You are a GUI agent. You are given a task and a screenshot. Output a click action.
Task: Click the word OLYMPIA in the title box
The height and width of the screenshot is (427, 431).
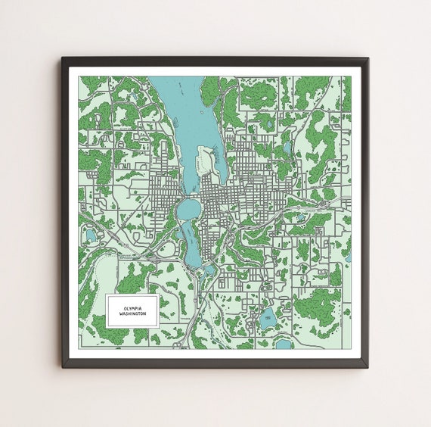click(x=132, y=307)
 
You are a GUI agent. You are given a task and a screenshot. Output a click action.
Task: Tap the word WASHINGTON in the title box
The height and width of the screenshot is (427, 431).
click(x=132, y=313)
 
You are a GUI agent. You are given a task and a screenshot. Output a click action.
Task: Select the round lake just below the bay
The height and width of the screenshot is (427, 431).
click(x=188, y=207)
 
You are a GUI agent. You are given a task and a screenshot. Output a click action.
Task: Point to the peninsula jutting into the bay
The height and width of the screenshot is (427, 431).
click(x=205, y=162)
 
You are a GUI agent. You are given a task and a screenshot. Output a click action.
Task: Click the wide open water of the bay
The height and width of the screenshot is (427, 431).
click(x=178, y=114)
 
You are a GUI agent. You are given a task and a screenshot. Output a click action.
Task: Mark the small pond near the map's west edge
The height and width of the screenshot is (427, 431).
click(x=91, y=235)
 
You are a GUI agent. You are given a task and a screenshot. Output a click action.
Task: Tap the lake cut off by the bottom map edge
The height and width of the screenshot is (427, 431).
click(x=283, y=344)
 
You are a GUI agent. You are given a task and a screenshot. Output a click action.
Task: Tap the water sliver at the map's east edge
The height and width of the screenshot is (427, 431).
click(x=349, y=257)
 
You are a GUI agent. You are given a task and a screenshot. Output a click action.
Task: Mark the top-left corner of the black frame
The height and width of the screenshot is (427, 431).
click(x=63, y=58)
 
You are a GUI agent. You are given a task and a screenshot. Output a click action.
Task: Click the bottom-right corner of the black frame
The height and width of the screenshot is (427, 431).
click(x=367, y=366)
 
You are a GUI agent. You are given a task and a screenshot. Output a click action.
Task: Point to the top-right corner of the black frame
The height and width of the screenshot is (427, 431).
click(x=367, y=58)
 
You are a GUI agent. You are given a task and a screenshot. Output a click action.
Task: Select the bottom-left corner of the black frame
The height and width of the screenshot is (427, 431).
click(x=63, y=366)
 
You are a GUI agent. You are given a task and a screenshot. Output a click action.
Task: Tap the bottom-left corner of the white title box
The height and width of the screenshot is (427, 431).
click(x=107, y=326)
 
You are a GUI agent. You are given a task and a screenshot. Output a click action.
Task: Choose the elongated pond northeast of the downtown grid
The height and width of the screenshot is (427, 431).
click(x=287, y=148)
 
